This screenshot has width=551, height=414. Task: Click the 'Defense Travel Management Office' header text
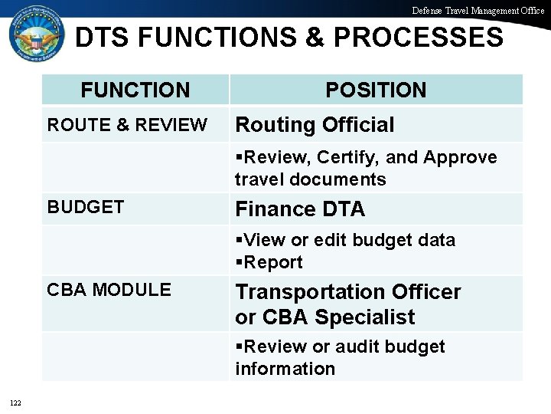point(478,10)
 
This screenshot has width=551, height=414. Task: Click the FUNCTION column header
point(135,90)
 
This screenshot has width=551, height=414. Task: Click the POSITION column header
point(376,90)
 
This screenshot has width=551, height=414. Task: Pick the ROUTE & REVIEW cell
point(126,124)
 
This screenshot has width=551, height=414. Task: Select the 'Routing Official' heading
point(315,124)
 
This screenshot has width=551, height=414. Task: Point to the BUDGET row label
point(85,207)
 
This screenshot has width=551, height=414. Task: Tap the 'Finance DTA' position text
point(300,209)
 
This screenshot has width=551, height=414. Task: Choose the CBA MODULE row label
point(109,290)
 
